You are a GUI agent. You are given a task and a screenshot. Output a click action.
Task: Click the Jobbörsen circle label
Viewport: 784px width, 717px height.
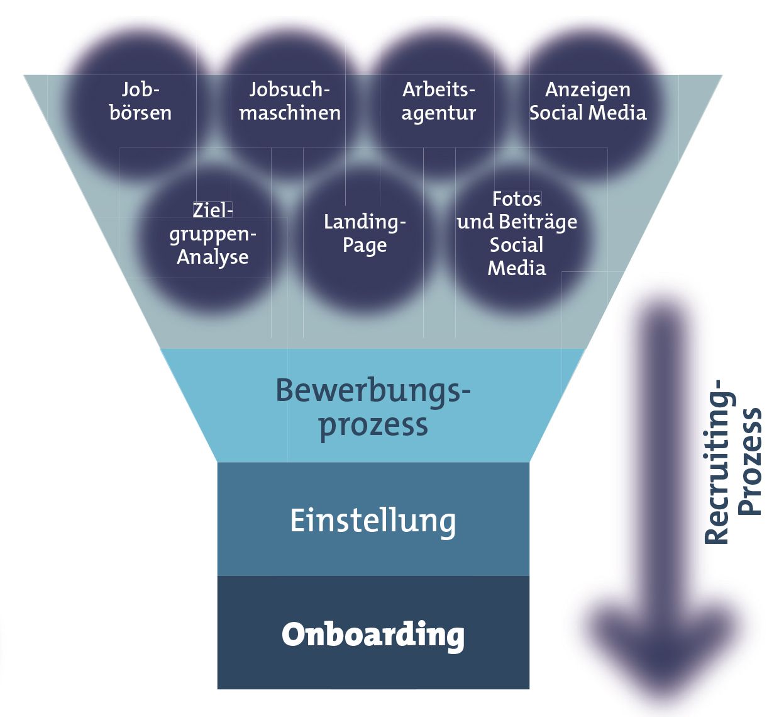pos(140,101)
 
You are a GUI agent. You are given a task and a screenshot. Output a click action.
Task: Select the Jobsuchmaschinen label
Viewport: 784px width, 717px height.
pos(290,101)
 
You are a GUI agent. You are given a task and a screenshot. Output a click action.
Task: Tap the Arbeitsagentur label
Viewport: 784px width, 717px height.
pos(439,101)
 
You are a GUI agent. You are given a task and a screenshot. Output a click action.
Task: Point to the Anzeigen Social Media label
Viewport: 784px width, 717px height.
pos(588,101)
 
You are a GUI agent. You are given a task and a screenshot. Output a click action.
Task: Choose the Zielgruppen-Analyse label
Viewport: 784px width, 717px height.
pos(213,234)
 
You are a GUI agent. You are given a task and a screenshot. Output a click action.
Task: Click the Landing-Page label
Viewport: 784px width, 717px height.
pos(365,233)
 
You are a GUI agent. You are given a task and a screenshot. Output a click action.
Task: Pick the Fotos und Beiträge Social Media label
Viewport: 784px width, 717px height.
pos(517,234)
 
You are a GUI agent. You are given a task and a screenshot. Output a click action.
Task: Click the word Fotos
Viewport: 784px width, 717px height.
pos(517,199)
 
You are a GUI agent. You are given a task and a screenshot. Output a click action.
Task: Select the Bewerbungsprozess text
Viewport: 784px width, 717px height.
pos(373,407)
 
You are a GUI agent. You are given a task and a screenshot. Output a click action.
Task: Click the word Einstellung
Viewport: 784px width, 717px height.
pos(373,521)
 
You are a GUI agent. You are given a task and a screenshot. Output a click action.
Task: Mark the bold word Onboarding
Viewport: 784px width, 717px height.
pos(373,635)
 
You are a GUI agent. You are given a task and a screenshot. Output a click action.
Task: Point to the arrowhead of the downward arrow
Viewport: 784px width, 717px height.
pos(664,655)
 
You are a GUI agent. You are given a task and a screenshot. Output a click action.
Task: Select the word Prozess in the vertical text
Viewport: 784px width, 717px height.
pos(751,461)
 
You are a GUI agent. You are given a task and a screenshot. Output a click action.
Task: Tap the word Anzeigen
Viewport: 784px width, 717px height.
pos(588,90)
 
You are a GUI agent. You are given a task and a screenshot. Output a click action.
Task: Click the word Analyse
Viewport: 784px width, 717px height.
pos(213,257)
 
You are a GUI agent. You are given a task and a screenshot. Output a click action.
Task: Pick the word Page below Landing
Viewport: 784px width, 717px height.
pos(365,245)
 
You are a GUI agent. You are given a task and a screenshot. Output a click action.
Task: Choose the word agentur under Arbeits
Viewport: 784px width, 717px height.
pos(439,113)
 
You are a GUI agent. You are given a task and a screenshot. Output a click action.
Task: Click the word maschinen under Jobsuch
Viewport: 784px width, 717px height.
pos(290,113)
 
